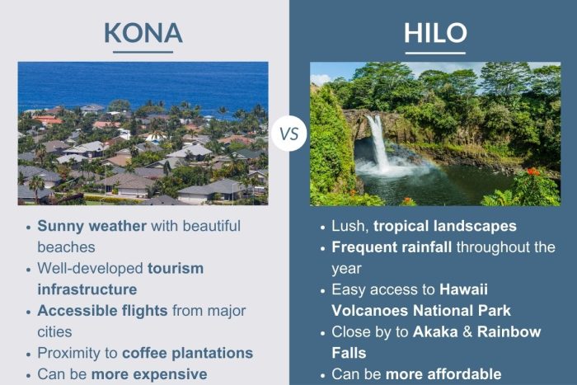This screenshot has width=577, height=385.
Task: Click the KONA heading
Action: [x=143, y=32]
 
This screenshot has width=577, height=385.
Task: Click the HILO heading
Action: [x=434, y=32]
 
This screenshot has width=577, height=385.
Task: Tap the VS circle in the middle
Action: [x=288, y=133]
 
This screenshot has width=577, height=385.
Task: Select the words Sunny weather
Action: [x=90, y=225]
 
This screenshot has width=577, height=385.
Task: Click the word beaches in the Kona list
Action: [x=67, y=246]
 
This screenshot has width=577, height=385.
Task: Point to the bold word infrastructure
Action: [x=87, y=289]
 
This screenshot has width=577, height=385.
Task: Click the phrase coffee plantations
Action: [x=187, y=353]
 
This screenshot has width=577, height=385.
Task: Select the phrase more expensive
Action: [x=149, y=374]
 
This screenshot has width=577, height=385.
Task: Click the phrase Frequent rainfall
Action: [x=392, y=246]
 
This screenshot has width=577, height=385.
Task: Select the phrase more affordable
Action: [x=444, y=374]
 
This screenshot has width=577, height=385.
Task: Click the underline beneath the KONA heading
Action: [x=143, y=53]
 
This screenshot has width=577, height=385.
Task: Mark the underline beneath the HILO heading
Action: [x=434, y=53]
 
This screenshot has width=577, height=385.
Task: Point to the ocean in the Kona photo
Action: [x=143, y=82]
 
